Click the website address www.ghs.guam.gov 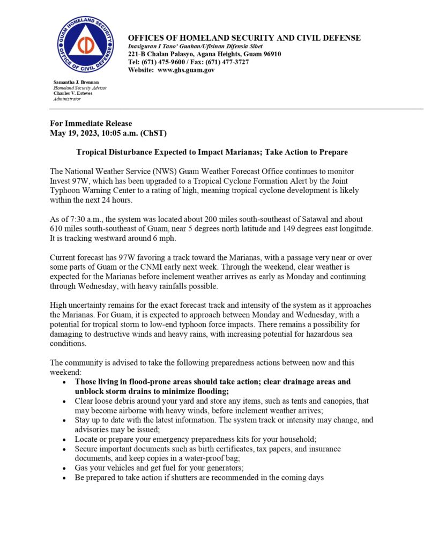pos(186,70)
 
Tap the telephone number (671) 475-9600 pos(165,62)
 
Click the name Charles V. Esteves pos(72,93)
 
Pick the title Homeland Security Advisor pos(80,87)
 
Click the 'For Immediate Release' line pos(91,124)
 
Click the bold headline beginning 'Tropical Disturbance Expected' pos(212,152)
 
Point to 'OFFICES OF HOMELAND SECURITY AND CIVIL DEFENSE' pos(244,38)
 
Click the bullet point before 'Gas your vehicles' pos(64,468)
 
